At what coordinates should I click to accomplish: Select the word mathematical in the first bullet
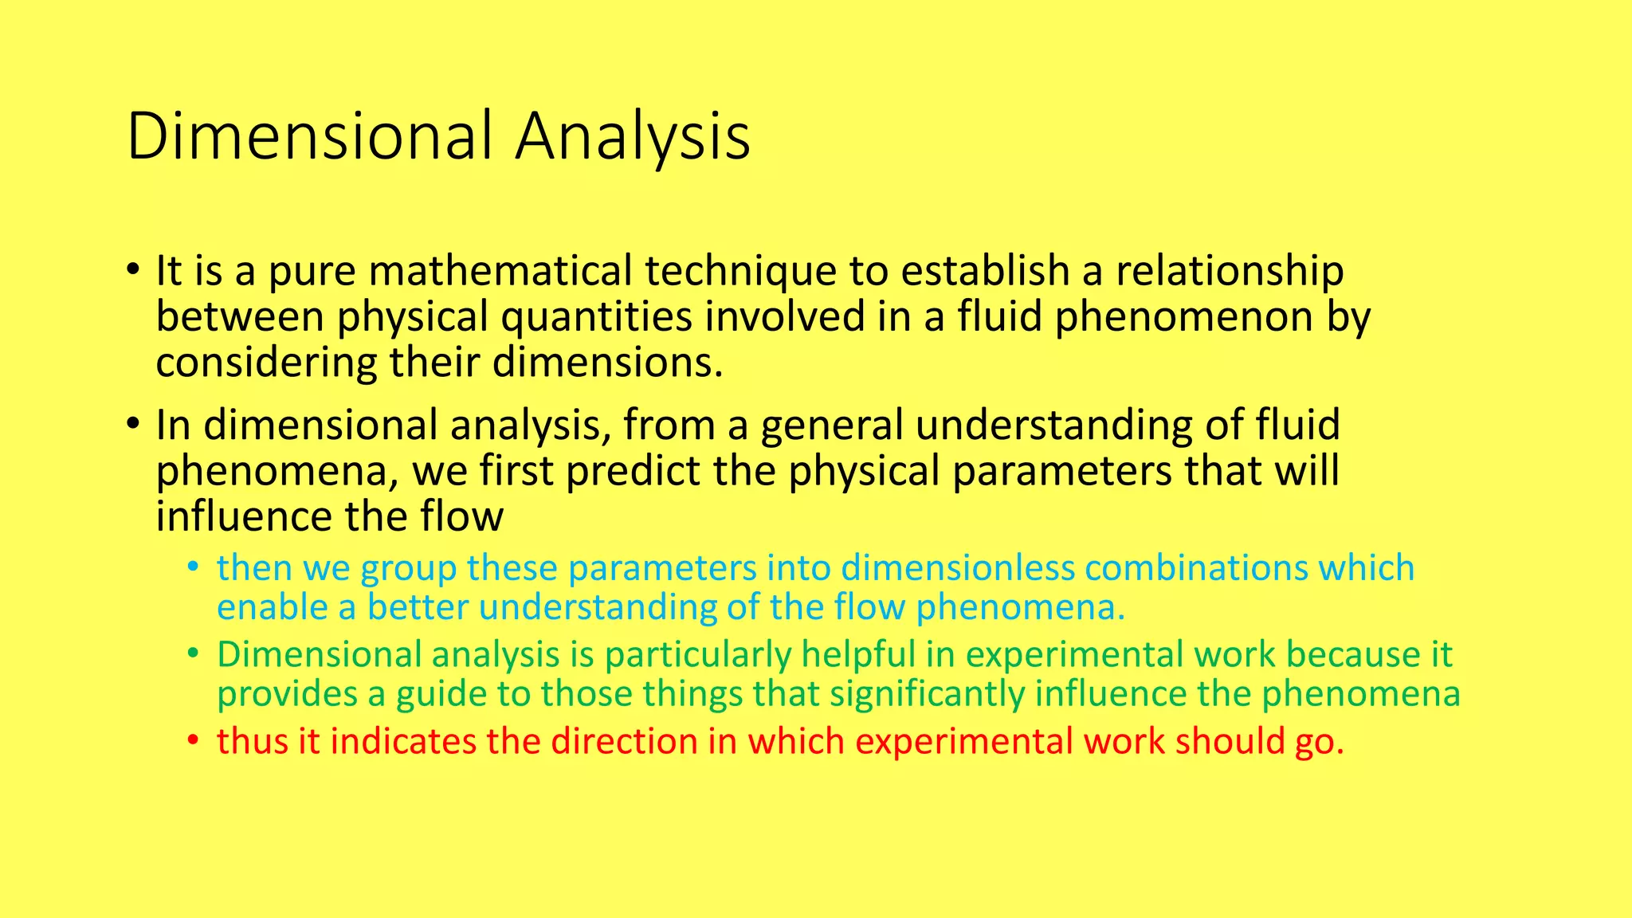pyautogui.click(x=501, y=271)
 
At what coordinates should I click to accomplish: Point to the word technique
pyautogui.click(x=740, y=271)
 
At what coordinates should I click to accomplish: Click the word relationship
pyautogui.click(x=1229, y=271)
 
